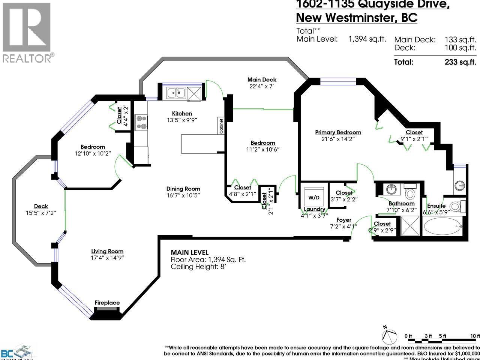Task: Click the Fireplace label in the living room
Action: click(x=107, y=303)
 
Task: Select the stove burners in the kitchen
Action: click(x=141, y=122)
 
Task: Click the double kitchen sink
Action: click(x=175, y=92)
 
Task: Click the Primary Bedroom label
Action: click(x=338, y=132)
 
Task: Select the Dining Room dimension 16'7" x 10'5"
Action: click(x=183, y=195)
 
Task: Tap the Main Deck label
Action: click(x=262, y=79)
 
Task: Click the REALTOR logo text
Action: click(x=27, y=58)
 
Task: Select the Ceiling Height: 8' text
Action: click(x=198, y=267)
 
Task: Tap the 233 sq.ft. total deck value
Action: click(x=460, y=62)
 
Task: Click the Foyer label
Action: click(x=343, y=220)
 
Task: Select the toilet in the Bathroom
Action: click(x=410, y=193)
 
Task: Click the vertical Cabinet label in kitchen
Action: click(x=221, y=126)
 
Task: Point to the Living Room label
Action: click(x=107, y=251)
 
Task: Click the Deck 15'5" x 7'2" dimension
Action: click(x=41, y=213)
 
